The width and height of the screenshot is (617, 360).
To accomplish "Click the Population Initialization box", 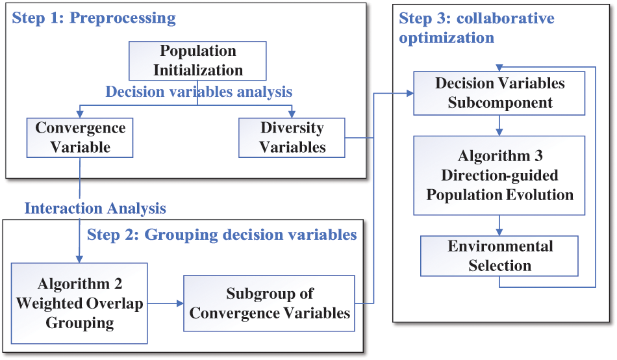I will point(197,60).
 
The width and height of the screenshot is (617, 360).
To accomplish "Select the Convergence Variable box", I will point(81,137).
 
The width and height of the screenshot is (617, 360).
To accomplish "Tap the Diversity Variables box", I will point(292,137).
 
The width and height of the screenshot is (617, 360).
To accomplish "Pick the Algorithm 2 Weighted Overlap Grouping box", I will point(79,303).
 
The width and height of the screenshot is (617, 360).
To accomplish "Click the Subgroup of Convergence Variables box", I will point(270,303).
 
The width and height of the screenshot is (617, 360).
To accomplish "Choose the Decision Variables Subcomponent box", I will point(499,92).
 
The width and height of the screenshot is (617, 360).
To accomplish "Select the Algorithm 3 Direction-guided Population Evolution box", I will point(499,175).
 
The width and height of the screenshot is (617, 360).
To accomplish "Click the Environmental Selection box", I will point(499,255).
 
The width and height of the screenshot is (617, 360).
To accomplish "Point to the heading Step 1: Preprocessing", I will point(94,18).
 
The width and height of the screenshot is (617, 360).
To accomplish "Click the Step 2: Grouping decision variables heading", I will point(222,234).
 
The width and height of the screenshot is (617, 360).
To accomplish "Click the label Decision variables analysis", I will point(199,92).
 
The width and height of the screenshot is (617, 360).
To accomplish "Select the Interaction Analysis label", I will point(95,208).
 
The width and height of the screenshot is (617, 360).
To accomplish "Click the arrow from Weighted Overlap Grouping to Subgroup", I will point(166,303).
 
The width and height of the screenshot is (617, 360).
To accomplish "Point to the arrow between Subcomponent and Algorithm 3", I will point(499,125).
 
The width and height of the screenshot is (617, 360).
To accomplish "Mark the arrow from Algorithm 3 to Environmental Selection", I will point(499,225).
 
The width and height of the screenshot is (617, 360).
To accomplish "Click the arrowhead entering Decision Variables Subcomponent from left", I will point(410,93).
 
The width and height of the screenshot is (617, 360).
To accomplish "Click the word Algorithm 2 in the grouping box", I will point(79,284).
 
